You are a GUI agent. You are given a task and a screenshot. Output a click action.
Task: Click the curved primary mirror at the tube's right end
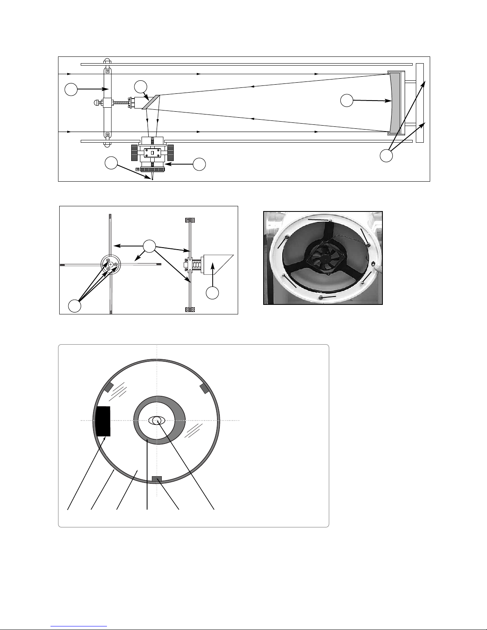point(395,103)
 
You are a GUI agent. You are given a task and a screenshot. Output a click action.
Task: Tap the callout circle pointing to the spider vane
point(71,89)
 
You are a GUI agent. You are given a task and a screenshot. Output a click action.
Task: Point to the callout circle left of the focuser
point(111,163)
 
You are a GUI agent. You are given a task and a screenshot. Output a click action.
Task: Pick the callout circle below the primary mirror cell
point(386,155)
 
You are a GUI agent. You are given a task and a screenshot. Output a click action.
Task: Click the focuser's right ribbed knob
point(170,151)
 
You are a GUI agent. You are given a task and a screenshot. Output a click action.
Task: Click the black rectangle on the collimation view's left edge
point(103,421)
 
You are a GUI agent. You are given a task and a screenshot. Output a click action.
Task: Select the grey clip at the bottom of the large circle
point(157,479)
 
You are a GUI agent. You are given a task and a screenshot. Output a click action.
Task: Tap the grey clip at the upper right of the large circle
point(204,388)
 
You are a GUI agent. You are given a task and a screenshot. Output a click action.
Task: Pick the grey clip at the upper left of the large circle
point(109,388)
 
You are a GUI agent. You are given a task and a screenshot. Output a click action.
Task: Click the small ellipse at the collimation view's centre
point(157,421)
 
